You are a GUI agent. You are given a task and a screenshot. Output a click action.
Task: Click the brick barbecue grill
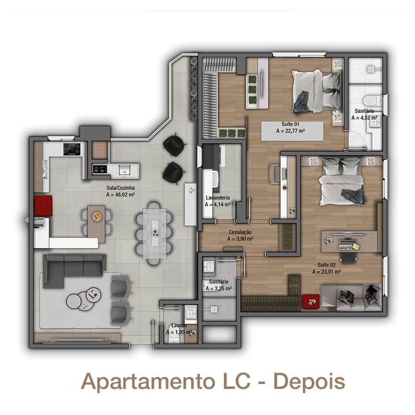[100, 150]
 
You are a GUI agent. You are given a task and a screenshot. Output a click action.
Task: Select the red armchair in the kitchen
[43, 206]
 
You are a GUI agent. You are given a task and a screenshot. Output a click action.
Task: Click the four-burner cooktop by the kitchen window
[72, 149]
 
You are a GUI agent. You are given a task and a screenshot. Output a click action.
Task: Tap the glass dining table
[155, 233]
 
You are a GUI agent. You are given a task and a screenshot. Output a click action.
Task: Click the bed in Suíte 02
[343, 181]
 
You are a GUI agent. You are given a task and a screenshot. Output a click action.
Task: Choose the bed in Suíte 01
[316, 91]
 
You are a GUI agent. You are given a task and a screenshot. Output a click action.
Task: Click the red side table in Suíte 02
[311, 302]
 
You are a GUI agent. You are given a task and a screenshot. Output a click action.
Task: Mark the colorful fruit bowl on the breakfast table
[97, 216]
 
